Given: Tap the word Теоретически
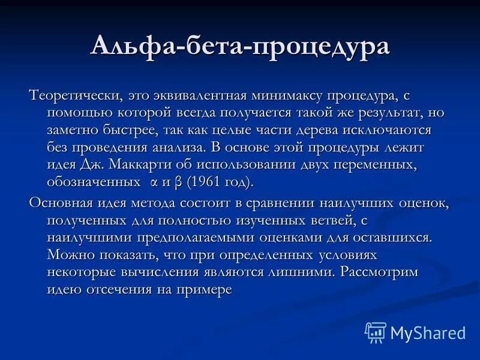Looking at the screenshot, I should click(x=76, y=95).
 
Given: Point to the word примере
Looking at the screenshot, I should click(x=203, y=289).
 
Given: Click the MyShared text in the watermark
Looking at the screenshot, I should click(x=427, y=332).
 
